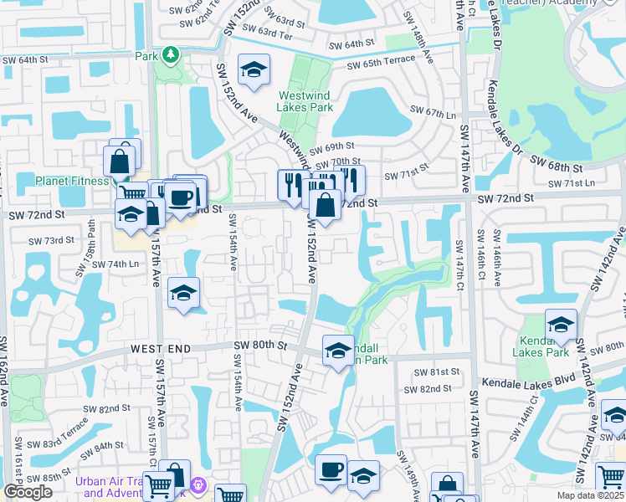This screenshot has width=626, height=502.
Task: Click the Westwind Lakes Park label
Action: click(x=305, y=101)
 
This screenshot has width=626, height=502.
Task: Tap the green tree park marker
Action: click(x=171, y=55)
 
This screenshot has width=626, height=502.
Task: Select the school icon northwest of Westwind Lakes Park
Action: click(x=253, y=70)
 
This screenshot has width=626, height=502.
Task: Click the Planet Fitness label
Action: click(x=71, y=181)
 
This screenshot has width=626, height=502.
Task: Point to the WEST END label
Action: click(x=162, y=347)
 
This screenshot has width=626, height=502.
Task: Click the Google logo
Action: click(x=28, y=492)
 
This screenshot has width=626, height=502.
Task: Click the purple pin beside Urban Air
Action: click(x=198, y=484)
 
